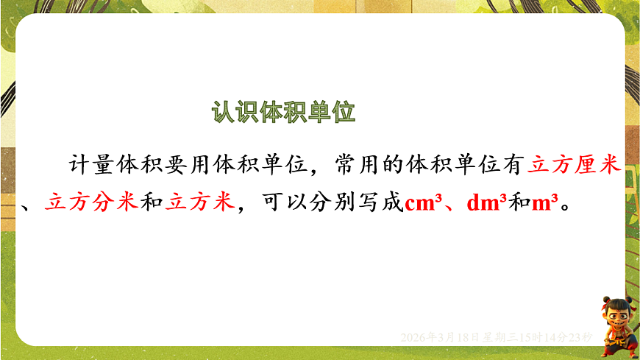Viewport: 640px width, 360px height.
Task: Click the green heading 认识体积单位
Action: click(283, 113)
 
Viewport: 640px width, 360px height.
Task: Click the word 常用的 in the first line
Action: click(369, 164)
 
